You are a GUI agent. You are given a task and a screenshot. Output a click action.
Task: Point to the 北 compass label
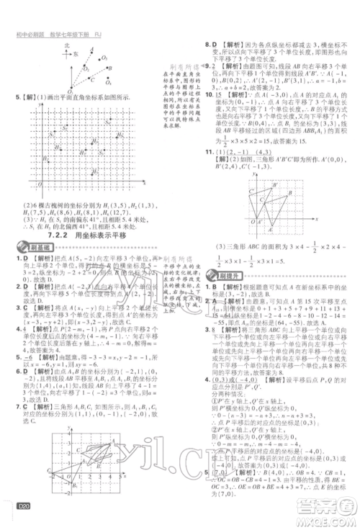click(67, 45)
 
